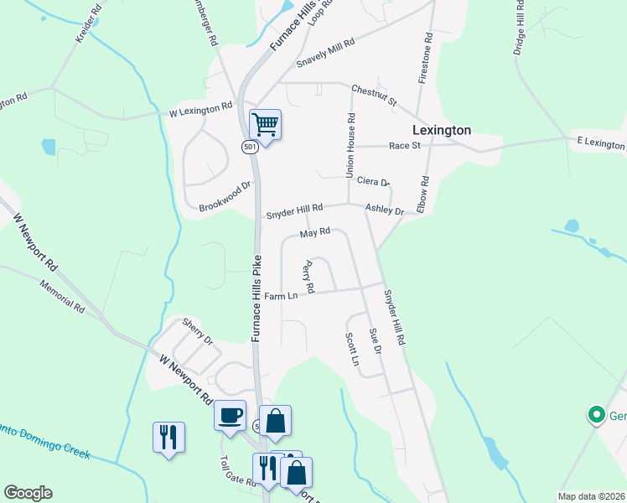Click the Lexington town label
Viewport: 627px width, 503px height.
click(x=442, y=130)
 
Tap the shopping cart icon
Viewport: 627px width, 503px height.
click(x=265, y=126)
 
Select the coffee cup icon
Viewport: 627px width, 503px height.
click(x=230, y=414)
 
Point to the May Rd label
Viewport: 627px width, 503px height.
click(x=315, y=232)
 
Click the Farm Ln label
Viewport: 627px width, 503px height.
click(x=281, y=296)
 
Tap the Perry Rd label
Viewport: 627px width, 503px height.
click(x=308, y=277)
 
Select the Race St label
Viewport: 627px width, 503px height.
click(x=404, y=146)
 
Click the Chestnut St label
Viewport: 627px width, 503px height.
click(x=373, y=95)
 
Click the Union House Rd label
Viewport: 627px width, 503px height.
click(x=351, y=145)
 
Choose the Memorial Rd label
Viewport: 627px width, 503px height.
click(x=62, y=296)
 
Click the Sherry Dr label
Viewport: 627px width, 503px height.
click(x=198, y=330)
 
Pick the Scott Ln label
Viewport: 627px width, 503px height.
click(x=352, y=350)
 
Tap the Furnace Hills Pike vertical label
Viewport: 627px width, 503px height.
click(x=256, y=299)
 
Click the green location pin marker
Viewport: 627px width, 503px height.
click(x=596, y=414)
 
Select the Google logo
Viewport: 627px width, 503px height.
click(x=28, y=493)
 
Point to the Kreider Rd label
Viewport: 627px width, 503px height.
click(x=87, y=28)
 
